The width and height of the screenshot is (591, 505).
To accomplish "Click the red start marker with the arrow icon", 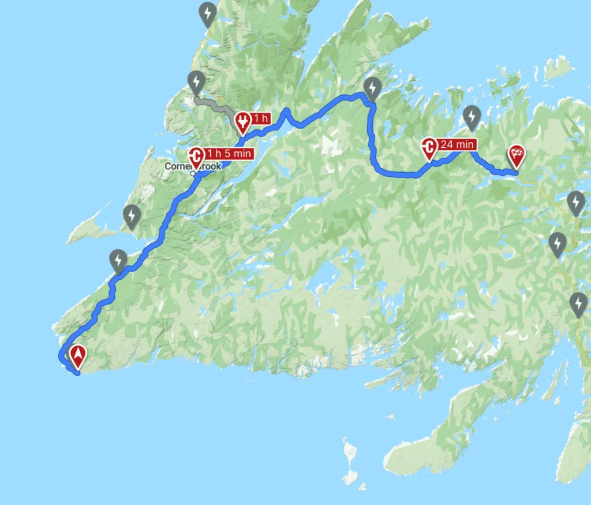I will coord(76,357).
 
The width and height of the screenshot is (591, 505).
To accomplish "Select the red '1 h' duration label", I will coord(261,118).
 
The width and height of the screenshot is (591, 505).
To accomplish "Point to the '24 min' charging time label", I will coord(457,144).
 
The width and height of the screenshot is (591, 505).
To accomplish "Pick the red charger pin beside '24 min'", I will coord(429,148).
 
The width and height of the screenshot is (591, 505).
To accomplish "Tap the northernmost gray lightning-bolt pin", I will coord(207,13).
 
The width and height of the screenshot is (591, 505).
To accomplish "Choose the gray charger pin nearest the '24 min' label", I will coord(472,117).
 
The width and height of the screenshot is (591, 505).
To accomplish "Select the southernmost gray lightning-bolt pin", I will coord(578,304).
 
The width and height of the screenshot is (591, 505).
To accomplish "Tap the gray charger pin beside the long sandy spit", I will coord(132,216).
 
